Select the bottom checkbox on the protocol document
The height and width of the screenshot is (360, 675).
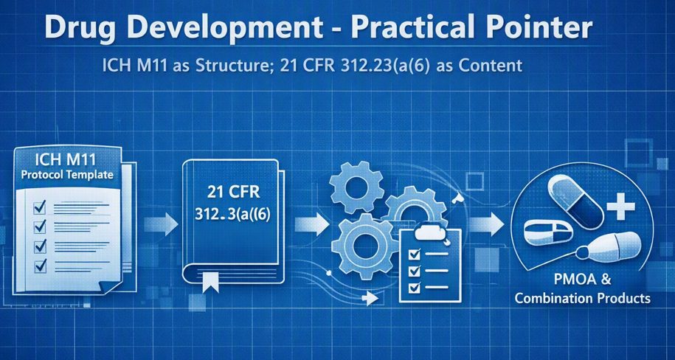(40, 266)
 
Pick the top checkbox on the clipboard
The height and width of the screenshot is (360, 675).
(415, 255)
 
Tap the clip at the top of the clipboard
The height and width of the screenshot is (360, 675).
(430, 232)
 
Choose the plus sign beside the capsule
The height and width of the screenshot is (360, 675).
(620, 207)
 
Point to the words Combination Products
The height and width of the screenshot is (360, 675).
(583, 298)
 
